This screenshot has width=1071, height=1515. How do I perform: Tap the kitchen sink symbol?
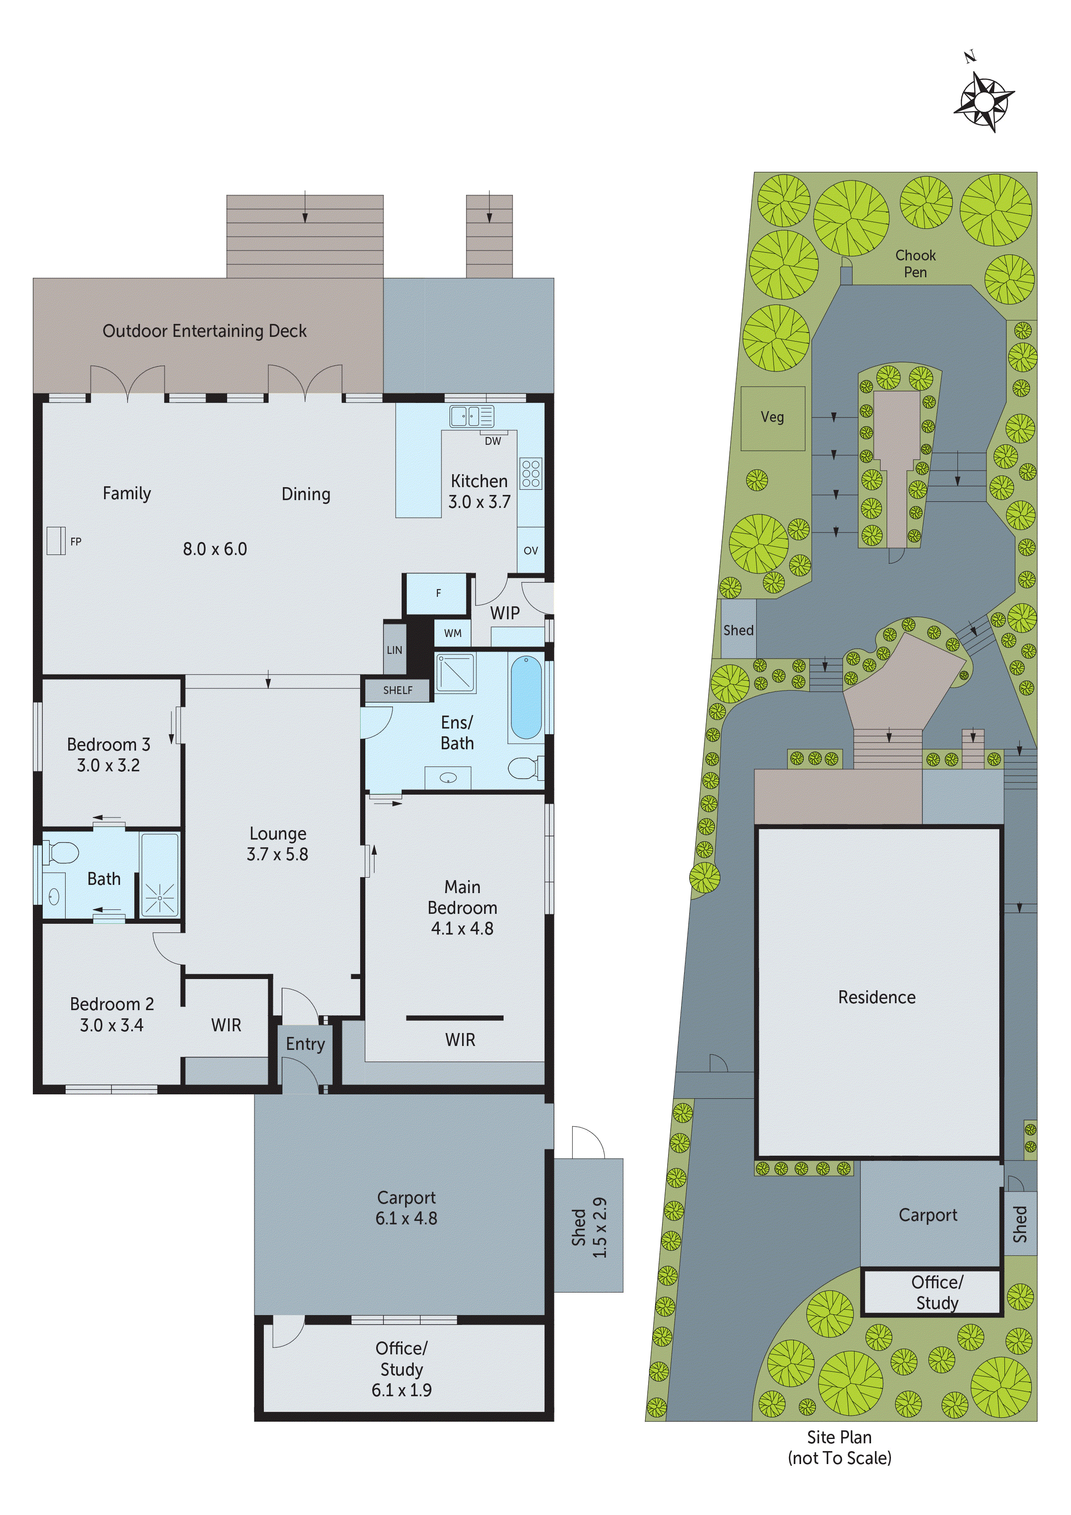tap(471, 416)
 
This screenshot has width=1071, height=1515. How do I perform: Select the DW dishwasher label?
tap(492, 441)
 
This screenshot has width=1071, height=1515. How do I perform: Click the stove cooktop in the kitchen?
tap(531, 474)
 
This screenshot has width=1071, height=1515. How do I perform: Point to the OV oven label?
tap(531, 550)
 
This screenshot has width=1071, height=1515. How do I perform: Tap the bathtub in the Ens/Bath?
tap(526, 697)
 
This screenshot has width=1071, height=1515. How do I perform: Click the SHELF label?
tap(397, 690)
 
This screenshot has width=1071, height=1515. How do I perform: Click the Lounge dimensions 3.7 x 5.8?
tap(277, 855)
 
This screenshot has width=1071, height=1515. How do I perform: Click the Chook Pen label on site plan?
tap(915, 263)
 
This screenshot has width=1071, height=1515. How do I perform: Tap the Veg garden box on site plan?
tap(772, 418)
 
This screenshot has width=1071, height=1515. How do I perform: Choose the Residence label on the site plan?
tap(876, 997)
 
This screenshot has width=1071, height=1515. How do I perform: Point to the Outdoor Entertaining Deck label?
tap(205, 330)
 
